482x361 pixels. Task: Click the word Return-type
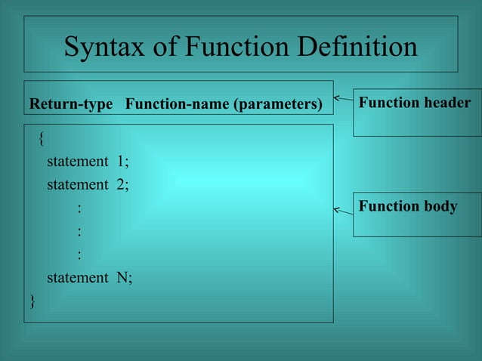point(70,103)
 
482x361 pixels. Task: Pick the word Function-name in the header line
point(179,103)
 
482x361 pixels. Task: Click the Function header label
point(414,103)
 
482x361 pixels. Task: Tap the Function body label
point(407,206)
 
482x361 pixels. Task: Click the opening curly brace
point(42,138)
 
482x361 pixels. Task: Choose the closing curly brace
point(32,301)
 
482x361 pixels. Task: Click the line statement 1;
point(88,161)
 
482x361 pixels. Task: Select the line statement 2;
point(88,184)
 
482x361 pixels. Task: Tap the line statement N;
point(89,277)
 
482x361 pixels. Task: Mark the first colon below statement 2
point(79,208)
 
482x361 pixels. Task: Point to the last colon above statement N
point(79,255)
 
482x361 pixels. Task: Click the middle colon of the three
point(79,231)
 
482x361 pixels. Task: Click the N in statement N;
point(121,277)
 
